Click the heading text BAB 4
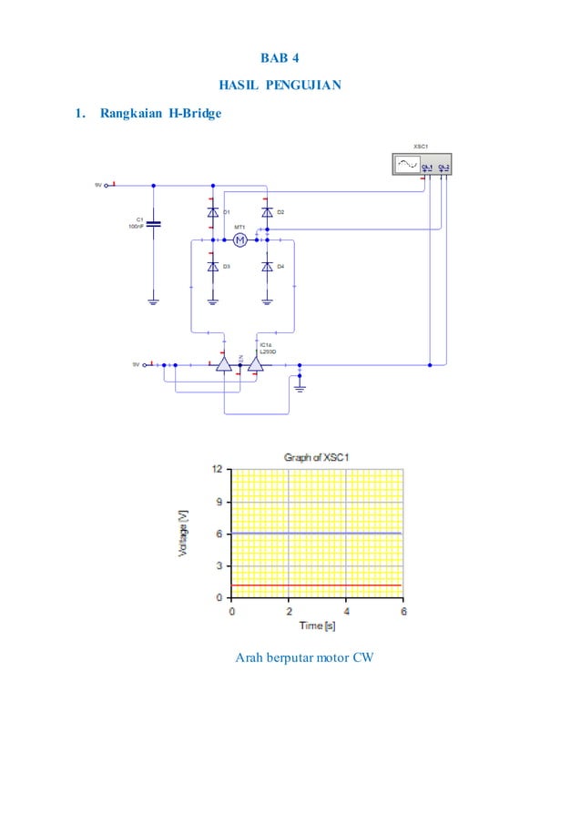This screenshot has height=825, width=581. pyautogui.click(x=280, y=60)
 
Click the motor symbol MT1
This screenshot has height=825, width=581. pyautogui.click(x=240, y=239)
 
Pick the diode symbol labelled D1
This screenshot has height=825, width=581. pyautogui.click(x=212, y=212)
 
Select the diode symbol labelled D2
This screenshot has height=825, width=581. pyautogui.click(x=267, y=212)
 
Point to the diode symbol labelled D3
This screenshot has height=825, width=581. pyautogui.click(x=212, y=267)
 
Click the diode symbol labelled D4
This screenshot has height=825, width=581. pyautogui.click(x=267, y=267)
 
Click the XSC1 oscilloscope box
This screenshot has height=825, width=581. pyautogui.click(x=419, y=164)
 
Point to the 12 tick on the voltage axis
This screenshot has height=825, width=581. pyautogui.click(x=218, y=470)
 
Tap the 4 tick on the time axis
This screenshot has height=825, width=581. pyautogui.click(x=346, y=611)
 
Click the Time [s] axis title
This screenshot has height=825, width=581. pyautogui.click(x=317, y=626)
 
